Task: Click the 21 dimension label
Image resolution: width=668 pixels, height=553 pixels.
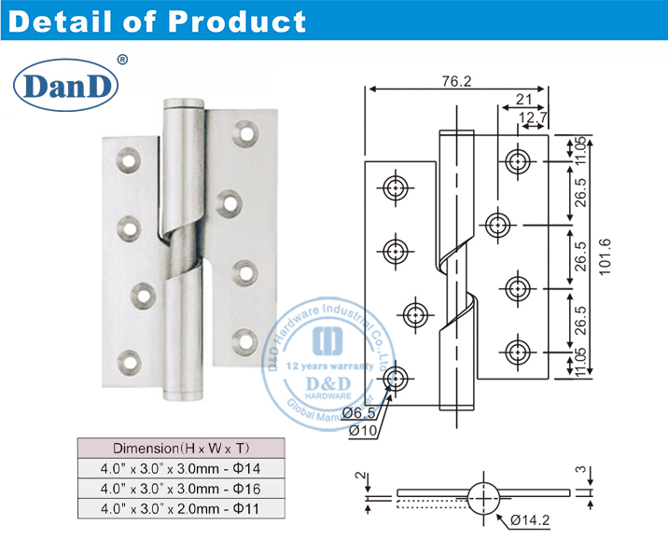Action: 522,100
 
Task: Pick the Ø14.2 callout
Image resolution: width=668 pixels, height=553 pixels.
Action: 532,521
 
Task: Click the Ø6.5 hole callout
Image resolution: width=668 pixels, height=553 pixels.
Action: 359,411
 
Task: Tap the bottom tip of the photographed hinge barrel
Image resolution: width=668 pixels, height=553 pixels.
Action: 182,397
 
